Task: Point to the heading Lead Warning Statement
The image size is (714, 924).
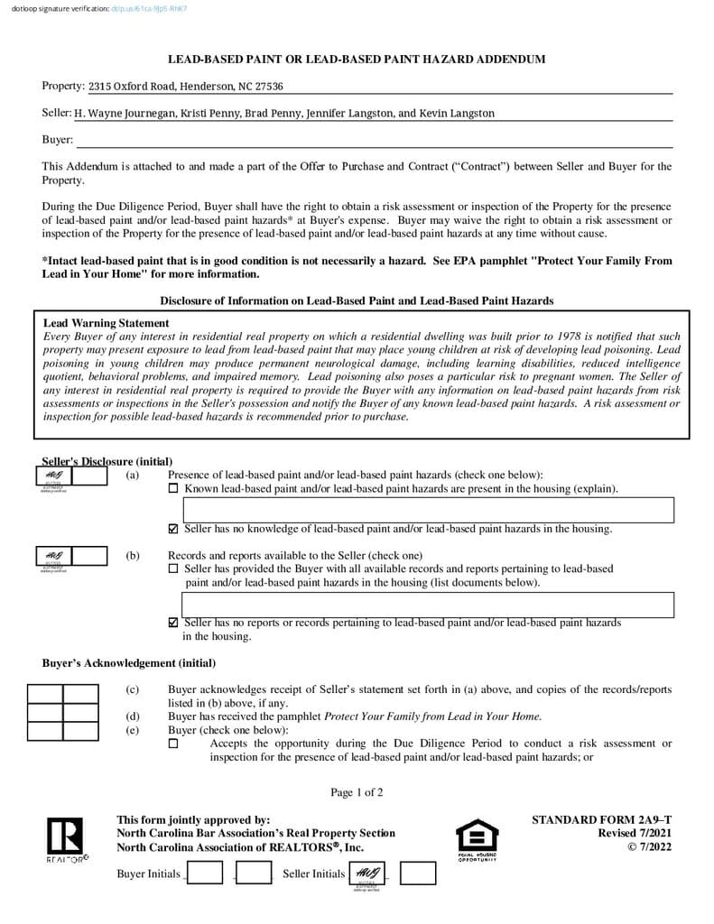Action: [x=106, y=323]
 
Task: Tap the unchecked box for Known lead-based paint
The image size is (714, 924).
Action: [x=173, y=489]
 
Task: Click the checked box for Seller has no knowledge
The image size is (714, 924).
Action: [x=173, y=529]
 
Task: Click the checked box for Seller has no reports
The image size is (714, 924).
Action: [x=173, y=623]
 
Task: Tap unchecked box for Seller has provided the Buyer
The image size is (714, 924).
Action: [x=173, y=569]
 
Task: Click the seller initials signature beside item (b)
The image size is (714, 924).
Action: [x=53, y=556]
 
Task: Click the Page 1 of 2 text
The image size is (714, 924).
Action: [x=357, y=793]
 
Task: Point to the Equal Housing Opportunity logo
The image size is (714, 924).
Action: [x=477, y=840]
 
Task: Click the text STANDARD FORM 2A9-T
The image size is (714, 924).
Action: [x=601, y=820]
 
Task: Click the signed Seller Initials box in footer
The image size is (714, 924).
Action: [x=367, y=873]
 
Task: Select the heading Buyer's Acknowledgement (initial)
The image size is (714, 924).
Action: [x=129, y=663]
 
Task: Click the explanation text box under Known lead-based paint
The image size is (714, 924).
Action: [x=423, y=510]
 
